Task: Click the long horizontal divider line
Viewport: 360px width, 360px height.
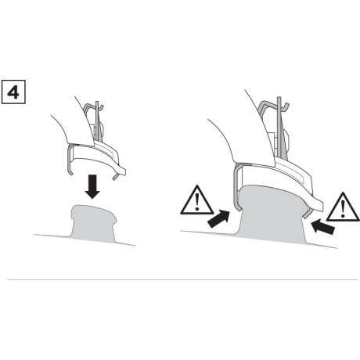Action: click(x=180, y=279)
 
